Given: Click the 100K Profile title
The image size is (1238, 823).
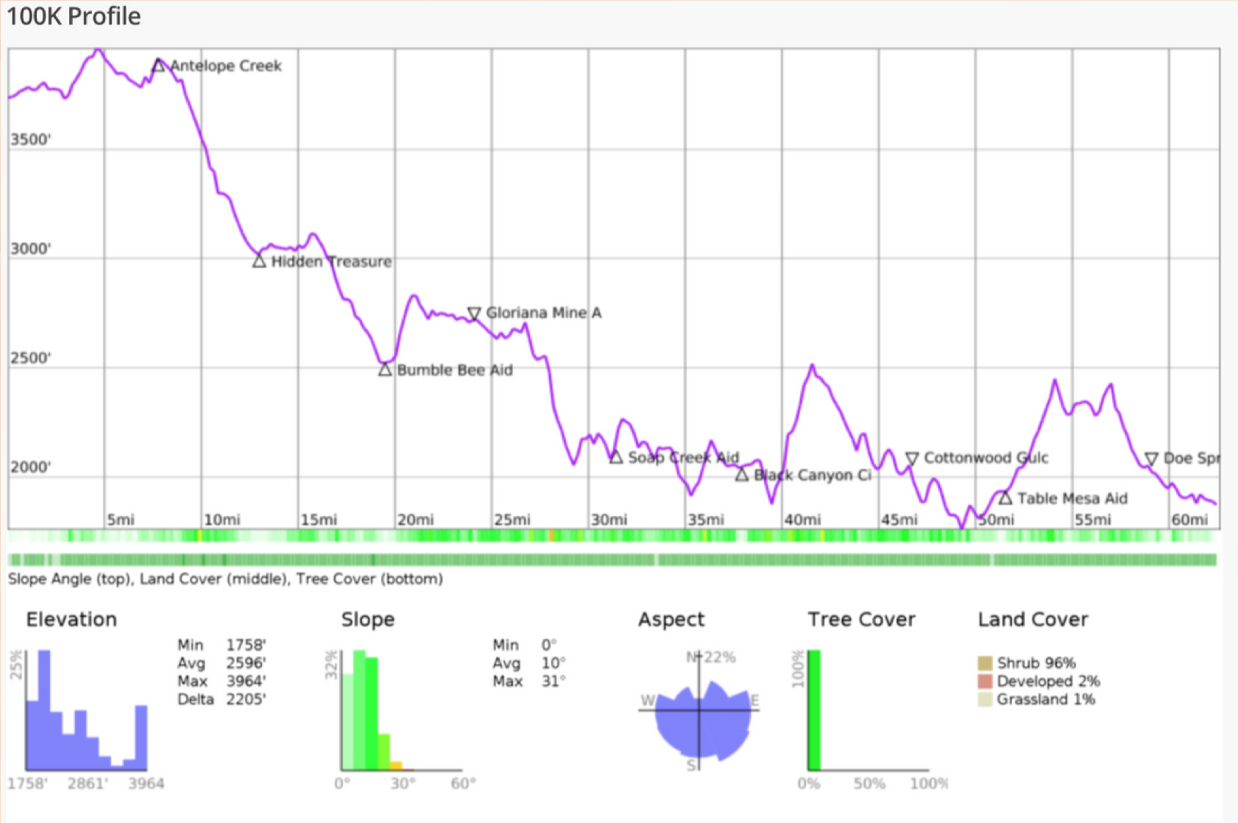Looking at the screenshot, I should pyautogui.click(x=74, y=16).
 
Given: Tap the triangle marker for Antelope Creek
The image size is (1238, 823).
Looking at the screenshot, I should pyautogui.click(x=158, y=66).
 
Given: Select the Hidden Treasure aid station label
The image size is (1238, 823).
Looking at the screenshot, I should pyautogui.click(x=331, y=261).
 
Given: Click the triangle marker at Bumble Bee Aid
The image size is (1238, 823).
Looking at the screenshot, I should pyautogui.click(x=385, y=370).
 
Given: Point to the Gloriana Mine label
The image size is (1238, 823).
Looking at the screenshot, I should pyautogui.click(x=543, y=313).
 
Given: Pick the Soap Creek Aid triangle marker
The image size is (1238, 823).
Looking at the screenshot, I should pyautogui.click(x=616, y=458).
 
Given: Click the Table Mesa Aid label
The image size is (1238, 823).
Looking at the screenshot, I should pyautogui.click(x=1072, y=498).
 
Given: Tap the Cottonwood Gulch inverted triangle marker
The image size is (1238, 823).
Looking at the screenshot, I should pyautogui.click(x=912, y=459).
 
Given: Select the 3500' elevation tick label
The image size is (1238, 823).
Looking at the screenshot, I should pyautogui.click(x=30, y=140).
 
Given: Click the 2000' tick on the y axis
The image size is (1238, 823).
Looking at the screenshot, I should pyautogui.click(x=30, y=467).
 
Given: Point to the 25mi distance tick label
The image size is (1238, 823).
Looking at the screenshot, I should pyautogui.click(x=512, y=520).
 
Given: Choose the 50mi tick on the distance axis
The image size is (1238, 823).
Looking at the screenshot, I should pyautogui.click(x=996, y=520).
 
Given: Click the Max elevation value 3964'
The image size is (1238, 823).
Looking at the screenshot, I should pyautogui.click(x=246, y=681).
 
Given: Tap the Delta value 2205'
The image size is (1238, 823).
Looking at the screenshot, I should pyautogui.click(x=246, y=699).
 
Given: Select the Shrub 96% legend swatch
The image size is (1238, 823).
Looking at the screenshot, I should pyautogui.click(x=985, y=663).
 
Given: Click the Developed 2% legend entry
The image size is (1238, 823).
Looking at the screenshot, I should pyautogui.click(x=1047, y=681).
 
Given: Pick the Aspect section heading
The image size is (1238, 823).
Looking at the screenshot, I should pyautogui.click(x=671, y=620).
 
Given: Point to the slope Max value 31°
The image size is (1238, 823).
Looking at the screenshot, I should pyautogui.click(x=553, y=681).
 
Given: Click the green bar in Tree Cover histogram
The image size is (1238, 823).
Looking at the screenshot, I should pyautogui.click(x=814, y=710).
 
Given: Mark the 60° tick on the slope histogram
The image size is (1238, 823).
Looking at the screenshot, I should pyautogui.click(x=463, y=783).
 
